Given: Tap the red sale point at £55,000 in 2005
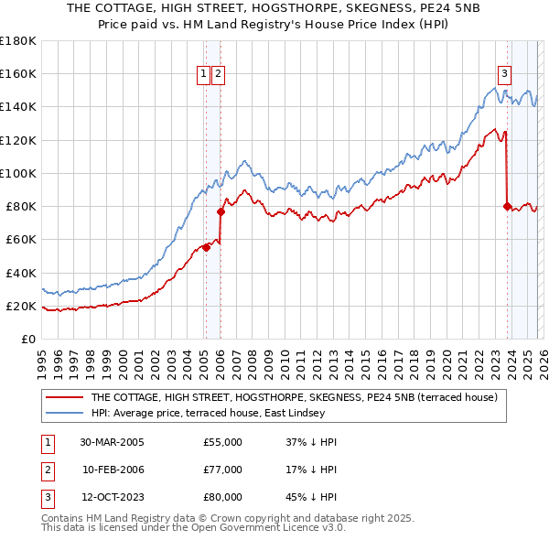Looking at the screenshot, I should click(x=207, y=247).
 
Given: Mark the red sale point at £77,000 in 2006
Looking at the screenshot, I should click(x=221, y=211).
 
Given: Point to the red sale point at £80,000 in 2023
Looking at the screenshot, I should click(x=507, y=206).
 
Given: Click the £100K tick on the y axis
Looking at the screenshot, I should click(x=17, y=173).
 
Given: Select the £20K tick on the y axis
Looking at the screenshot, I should click(x=20, y=306).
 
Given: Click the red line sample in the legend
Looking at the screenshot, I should click(x=64, y=397).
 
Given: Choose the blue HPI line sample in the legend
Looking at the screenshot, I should click(x=64, y=413).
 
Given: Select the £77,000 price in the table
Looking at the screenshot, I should click(x=222, y=470).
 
